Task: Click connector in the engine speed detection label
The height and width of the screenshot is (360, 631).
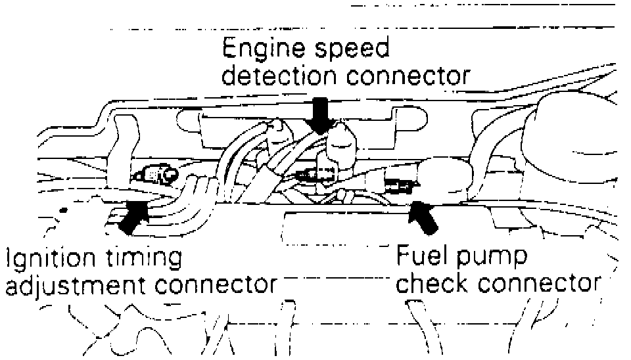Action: click(x=408, y=76)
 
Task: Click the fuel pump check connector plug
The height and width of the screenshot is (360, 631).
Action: click(x=398, y=186)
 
